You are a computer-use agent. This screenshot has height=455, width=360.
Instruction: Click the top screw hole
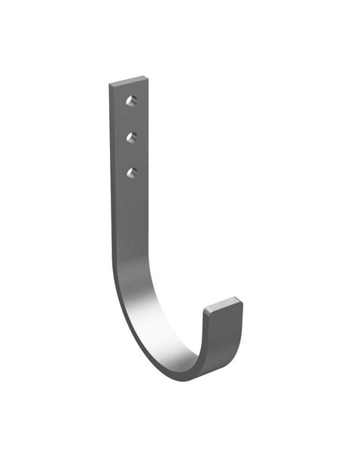tap(132, 101)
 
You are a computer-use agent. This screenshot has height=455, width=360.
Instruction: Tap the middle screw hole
tap(132, 137)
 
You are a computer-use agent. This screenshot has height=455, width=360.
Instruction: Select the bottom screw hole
tap(132, 173)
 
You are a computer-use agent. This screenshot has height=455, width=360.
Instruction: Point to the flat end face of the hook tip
tap(224, 304)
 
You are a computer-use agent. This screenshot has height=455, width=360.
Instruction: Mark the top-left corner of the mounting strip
tap(109, 83)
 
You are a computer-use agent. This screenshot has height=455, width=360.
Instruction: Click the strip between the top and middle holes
tap(133, 119)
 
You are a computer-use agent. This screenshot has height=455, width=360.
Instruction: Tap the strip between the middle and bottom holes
tap(133, 155)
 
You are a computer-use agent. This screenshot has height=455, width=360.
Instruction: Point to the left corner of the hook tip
tap(204, 309)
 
